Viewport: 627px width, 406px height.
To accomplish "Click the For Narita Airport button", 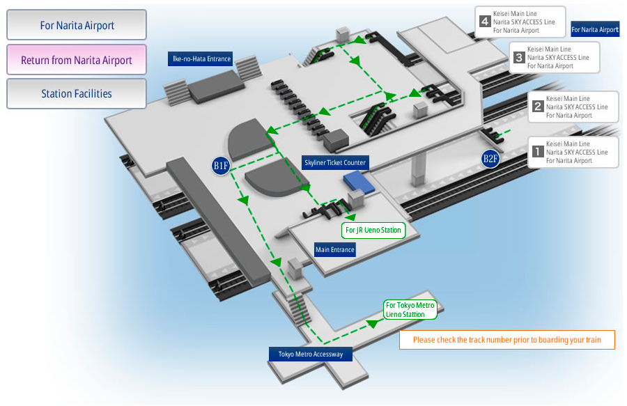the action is pyautogui.click(x=77, y=25).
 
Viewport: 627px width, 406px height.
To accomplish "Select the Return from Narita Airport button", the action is pyautogui.click(x=77, y=59).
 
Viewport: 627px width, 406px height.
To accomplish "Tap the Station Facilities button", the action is pyautogui.click(x=77, y=93).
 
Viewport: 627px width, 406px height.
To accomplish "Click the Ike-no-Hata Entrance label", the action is pyautogui.click(x=201, y=58).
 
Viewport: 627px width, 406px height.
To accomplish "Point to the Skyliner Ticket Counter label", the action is pyautogui.click(x=335, y=163).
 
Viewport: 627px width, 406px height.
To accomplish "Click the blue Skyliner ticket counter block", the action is pyautogui.click(x=359, y=182).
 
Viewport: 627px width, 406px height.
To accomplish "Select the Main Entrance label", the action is pyautogui.click(x=334, y=250).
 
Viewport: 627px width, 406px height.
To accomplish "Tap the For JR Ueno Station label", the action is pyautogui.click(x=373, y=231).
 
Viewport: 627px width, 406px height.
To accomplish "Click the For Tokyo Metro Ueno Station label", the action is pyautogui.click(x=410, y=310).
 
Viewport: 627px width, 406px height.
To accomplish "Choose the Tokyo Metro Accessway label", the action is pyautogui.click(x=311, y=354).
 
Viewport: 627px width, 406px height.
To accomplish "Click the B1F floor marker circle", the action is pyautogui.click(x=221, y=166).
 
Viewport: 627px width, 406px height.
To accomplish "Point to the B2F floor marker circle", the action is pyautogui.click(x=490, y=159).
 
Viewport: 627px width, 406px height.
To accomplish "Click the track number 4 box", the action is pyautogui.click(x=485, y=21).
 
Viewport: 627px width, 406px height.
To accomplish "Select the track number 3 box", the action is pyautogui.click(x=518, y=58).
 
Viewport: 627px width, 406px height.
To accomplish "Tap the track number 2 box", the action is pyautogui.click(x=538, y=107).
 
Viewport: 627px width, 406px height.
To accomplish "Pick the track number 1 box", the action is pyautogui.click(x=538, y=151).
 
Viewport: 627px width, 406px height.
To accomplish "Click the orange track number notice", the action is pyautogui.click(x=507, y=340).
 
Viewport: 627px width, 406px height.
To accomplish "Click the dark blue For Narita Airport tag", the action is pyautogui.click(x=595, y=29).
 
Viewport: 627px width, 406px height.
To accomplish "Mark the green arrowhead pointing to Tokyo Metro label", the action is pyautogui.click(x=373, y=323).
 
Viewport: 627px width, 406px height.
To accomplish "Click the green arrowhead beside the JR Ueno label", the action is pyautogui.click(x=350, y=217).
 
